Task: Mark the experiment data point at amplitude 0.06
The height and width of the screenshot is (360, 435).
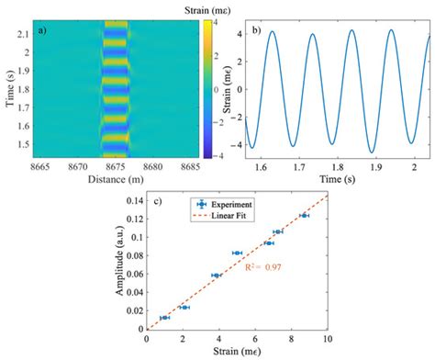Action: pyautogui.click(x=216, y=275)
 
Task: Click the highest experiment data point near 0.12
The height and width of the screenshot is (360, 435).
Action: pyautogui.click(x=304, y=216)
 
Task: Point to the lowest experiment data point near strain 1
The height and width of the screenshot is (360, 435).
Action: pyautogui.click(x=164, y=318)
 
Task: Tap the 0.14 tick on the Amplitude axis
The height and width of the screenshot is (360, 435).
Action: pyautogui.click(x=132, y=196)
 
